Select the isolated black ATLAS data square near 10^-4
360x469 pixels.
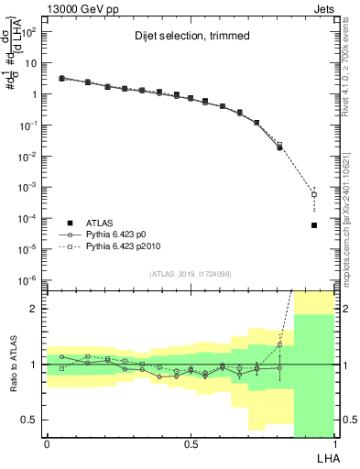[x=314, y=225]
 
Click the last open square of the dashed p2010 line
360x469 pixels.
[x=314, y=194]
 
